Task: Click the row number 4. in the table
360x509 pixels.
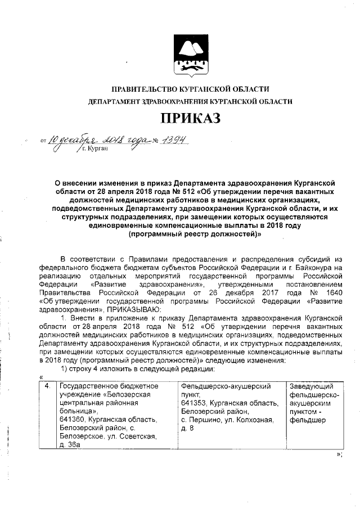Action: [x=48, y=386]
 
